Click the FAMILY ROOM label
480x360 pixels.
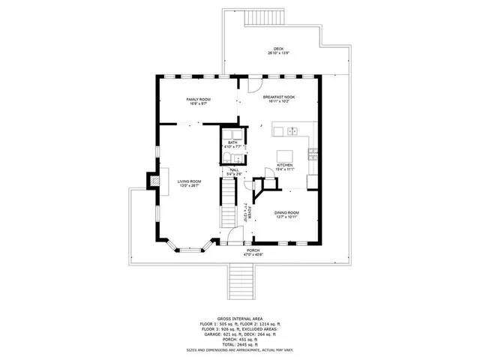coord(199,99)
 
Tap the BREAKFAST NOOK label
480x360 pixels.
coord(277,98)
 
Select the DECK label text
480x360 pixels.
coord(278,49)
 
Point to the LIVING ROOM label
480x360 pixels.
coord(189,181)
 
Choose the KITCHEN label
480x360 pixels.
coord(285,165)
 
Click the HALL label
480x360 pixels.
coord(234,170)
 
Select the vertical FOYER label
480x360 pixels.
coord(245,212)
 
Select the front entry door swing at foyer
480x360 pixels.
coord(235,237)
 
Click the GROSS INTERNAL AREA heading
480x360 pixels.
coord(239,319)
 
